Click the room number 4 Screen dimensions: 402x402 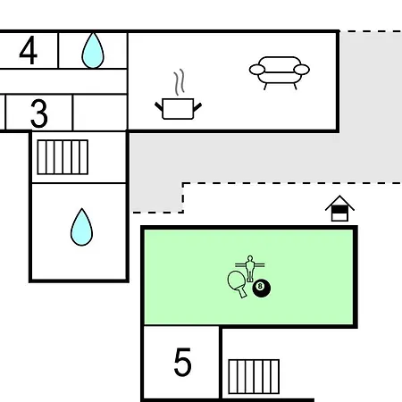29,50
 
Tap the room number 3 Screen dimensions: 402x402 39,113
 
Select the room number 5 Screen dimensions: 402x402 182,362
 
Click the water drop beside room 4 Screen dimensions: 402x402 93,50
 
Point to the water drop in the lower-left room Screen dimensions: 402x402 81,227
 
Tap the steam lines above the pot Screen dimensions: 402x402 179,82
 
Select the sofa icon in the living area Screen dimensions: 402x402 280,72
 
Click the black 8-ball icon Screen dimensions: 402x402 262,288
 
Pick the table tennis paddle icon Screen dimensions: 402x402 238,282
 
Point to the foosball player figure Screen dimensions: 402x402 250,268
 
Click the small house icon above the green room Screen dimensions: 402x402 339,208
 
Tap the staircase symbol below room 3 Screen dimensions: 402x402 63,157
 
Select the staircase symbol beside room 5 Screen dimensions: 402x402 254,376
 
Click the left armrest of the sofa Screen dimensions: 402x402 257,70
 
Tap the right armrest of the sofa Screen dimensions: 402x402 302,70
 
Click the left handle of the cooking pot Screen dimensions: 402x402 159,106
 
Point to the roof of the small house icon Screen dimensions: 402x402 339,203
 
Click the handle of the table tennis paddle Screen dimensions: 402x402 243,293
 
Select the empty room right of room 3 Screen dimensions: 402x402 100,113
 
